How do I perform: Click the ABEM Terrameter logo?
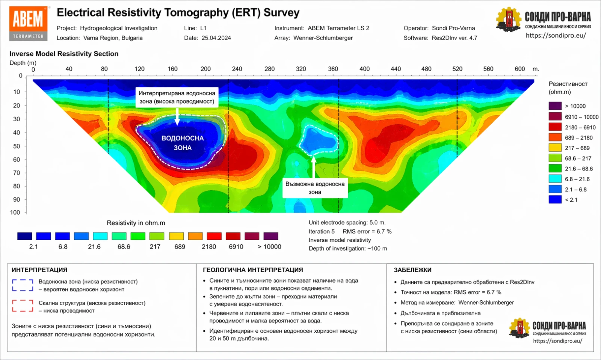pyautogui.click(x=29, y=23)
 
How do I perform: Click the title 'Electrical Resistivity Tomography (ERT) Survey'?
pyautogui.click(x=178, y=13)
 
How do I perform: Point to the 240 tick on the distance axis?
pyautogui.click(x=237, y=69)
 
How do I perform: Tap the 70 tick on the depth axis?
pyautogui.click(x=17, y=173)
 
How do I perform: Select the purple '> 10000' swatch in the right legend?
pyautogui.click(x=555, y=106)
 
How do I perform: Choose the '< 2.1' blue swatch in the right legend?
pyautogui.click(x=555, y=200)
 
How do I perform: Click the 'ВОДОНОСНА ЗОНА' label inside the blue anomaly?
pyautogui.click(x=183, y=143)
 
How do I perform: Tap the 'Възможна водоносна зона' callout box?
pyautogui.click(x=315, y=188)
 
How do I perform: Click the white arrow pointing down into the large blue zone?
pyautogui.click(x=177, y=117)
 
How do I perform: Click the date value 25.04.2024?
pyautogui.click(x=216, y=38)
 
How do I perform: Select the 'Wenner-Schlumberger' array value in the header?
pyautogui.click(x=323, y=38)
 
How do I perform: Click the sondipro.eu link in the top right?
pyautogui.click(x=556, y=35)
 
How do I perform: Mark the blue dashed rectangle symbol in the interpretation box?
pyautogui.click(x=23, y=285)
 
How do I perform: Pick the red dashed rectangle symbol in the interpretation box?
pyautogui.click(x=23, y=306)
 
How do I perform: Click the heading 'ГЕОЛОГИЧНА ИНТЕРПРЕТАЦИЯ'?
pyautogui.click(x=253, y=270)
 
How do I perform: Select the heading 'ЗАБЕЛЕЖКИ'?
pyautogui.click(x=412, y=270)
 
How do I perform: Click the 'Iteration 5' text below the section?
pyautogui.click(x=322, y=232)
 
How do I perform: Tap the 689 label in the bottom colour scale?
pyautogui.click(x=180, y=247)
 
